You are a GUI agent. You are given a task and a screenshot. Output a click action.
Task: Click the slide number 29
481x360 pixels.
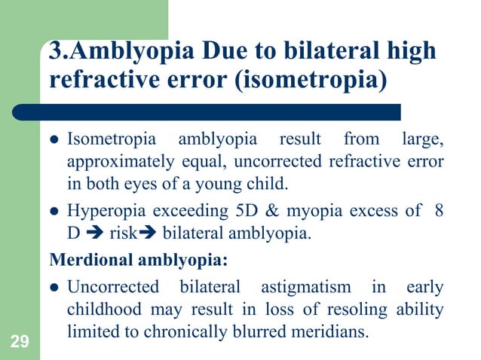point(20,344)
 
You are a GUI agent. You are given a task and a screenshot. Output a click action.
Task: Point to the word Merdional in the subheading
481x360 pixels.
point(84,261)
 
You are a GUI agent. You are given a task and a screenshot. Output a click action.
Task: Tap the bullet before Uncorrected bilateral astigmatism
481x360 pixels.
point(55,288)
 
